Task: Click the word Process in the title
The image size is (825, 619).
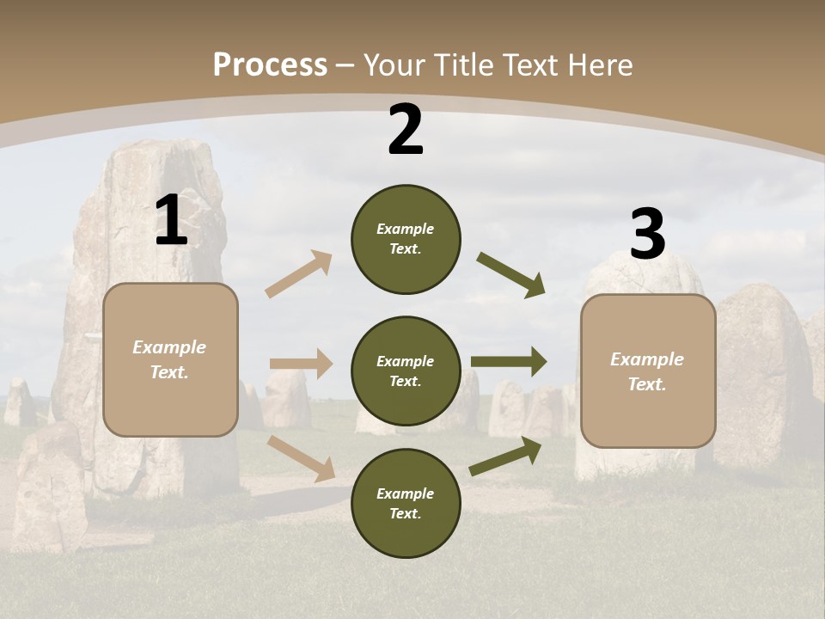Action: coord(270,64)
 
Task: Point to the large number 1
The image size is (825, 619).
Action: coord(171,221)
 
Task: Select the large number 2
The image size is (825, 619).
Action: coord(406,130)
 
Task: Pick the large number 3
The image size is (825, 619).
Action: coord(647,235)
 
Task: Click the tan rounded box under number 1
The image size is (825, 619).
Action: coord(170,404)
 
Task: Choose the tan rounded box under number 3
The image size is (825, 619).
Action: coord(648,417)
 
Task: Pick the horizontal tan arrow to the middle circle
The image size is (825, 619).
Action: coord(301,364)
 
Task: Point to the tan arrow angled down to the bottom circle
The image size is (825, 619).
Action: coord(302,457)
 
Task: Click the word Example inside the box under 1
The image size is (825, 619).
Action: coord(169,347)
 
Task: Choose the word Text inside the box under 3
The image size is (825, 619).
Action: coord(646,384)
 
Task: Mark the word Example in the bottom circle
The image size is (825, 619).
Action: coord(405,493)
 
